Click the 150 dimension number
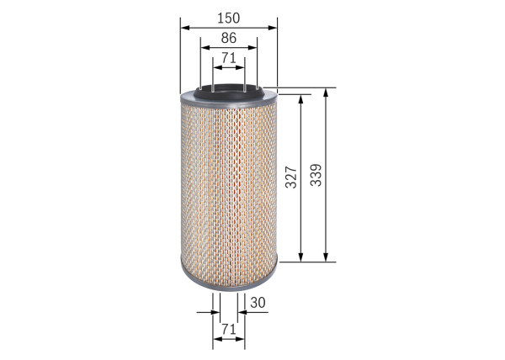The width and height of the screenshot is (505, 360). [x=228, y=17]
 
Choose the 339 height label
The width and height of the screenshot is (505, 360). [x=316, y=174]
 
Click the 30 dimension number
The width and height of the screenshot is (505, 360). [x=258, y=303]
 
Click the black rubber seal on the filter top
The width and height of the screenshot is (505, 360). [x=228, y=90]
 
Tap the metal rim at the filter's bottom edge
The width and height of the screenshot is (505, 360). [x=228, y=286]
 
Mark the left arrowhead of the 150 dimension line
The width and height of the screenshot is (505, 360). [x=184, y=27]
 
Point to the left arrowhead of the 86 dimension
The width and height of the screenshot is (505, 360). [x=204, y=47]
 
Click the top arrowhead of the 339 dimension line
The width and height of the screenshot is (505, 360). [x=326, y=92]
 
